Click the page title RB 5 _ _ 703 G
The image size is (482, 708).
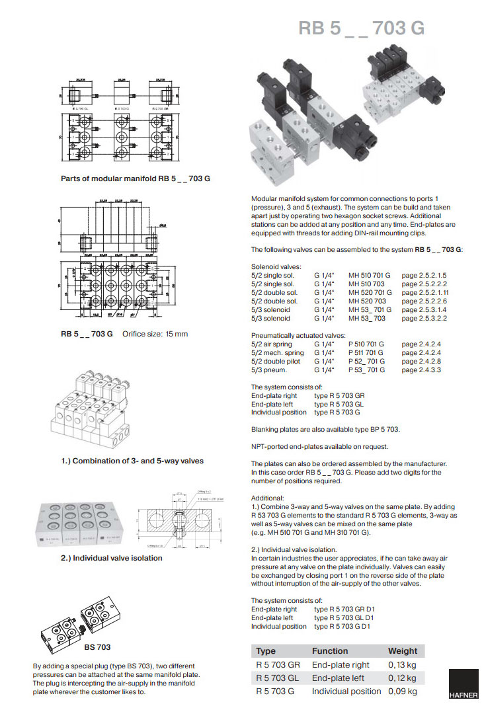click(361, 28)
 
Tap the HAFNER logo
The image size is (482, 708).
click(463, 685)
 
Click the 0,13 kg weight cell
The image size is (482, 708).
click(402, 665)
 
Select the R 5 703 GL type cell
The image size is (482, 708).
click(278, 678)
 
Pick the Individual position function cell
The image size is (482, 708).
click(346, 691)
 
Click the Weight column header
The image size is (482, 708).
click(403, 651)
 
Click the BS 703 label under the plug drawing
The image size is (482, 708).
click(97, 647)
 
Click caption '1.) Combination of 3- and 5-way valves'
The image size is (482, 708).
click(132, 461)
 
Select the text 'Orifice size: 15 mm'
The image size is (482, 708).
click(155, 334)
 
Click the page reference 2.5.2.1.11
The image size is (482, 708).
click(425, 292)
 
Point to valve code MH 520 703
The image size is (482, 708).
click(368, 301)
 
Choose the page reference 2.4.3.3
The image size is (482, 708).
click(421, 370)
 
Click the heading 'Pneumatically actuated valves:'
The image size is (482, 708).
click(298, 336)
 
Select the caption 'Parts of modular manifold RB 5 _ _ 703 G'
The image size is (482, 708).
click(135, 178)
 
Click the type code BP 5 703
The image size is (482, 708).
click(382, 429)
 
